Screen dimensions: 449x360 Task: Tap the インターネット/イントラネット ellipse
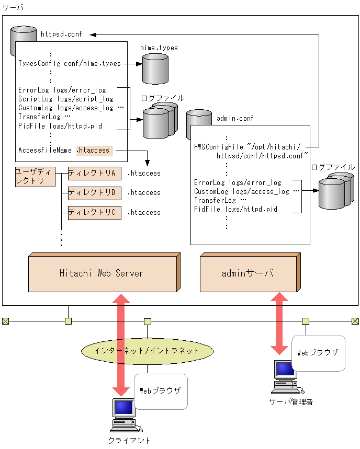[147, 351]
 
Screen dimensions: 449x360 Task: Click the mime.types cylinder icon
[155, 67]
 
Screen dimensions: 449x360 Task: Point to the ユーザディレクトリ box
[35, 177]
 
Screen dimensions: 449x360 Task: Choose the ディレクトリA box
[94, 173]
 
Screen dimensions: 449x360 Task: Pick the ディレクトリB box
[94, 193]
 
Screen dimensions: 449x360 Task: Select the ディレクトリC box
[94, 213]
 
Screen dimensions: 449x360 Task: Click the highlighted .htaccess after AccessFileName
[94, 151]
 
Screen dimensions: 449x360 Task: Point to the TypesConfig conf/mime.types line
[70, 64]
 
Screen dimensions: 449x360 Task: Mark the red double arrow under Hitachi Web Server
[121, 345]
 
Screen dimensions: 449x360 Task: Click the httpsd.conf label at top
[62, 34]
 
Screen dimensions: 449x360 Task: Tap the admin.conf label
[235, 119]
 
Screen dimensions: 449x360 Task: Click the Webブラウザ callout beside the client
[160, 391]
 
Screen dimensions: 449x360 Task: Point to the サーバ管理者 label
[290, 402]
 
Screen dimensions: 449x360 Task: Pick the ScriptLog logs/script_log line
[66, 99]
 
